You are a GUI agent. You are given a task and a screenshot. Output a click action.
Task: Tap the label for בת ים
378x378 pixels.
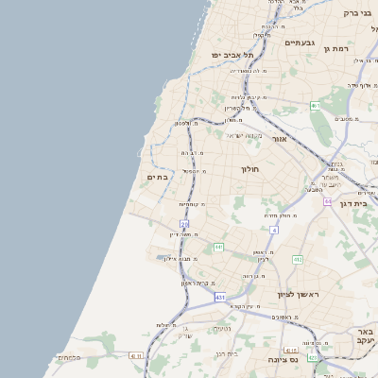pyautogui.click(x=157, y=177)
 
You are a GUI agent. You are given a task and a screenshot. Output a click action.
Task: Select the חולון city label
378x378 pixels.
pyautogui.click(x=250, y=168)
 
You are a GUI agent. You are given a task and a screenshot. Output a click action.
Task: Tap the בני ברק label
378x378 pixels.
pyautogui.click(x=357, y=13)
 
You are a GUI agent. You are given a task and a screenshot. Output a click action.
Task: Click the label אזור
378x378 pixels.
pyautogui.click(x=279, y=139)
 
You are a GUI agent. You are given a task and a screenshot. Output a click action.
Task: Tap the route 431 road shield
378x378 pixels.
pyautogui.click(x=220, y=298)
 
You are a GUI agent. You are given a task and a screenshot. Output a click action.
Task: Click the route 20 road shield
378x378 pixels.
pyautogui.click(x=184, y=224)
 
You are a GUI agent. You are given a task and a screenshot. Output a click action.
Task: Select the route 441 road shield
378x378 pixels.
pyautogui.click(x=218, y=248)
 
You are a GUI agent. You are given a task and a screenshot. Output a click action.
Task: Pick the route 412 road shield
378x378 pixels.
pyautogui.click(x=298, y=259)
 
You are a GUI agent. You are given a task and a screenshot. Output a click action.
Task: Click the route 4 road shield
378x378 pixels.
pyautogui.click(x=274, y=230)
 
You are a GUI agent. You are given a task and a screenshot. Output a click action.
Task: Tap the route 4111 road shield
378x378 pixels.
pyautogui.click(x=135, y=356)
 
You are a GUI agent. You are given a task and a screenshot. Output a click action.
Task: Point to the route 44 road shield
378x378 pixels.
pyautogui.click(x=327, y=201)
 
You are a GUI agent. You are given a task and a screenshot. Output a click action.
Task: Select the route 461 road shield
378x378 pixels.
pyautogui.click(x=316, y=106)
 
